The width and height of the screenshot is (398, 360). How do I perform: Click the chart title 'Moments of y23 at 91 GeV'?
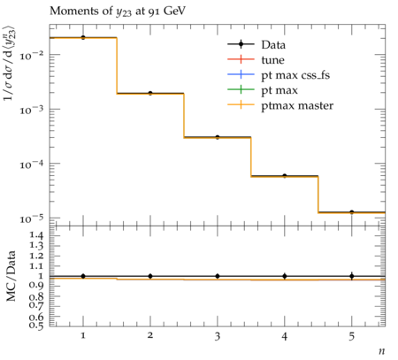tap(118, 11)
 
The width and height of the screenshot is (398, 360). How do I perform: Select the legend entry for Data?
tap(256, 44)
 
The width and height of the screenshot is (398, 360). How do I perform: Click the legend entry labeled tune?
tap(256, 60)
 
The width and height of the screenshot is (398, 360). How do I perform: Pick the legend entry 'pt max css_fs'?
tap(279, 75)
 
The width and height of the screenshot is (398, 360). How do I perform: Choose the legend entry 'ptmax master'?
tap(280, 105)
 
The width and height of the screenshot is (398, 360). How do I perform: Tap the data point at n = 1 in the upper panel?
tap(83, 37)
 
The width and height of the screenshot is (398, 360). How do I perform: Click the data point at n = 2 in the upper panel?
tap(150, 93)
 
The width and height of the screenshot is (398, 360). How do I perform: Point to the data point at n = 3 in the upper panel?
tap(218, 137)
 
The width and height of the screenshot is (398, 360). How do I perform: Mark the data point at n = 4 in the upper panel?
tap(285, 176)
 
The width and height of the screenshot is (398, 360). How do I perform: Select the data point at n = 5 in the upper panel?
tap(352, 212)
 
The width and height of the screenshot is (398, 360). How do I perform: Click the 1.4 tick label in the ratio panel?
tap(36, 235)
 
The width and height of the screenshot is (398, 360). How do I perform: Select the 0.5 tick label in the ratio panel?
tap(36, 326)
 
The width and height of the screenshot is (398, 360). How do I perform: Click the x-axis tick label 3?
tap(218, 336)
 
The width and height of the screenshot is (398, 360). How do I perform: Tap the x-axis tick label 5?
tap(352, 336)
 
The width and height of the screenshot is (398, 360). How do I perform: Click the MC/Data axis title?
tap(11, 276)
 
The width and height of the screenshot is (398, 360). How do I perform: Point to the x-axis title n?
tap(382, 351)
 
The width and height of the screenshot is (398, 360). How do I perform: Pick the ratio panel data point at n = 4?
tap(285, 276)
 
